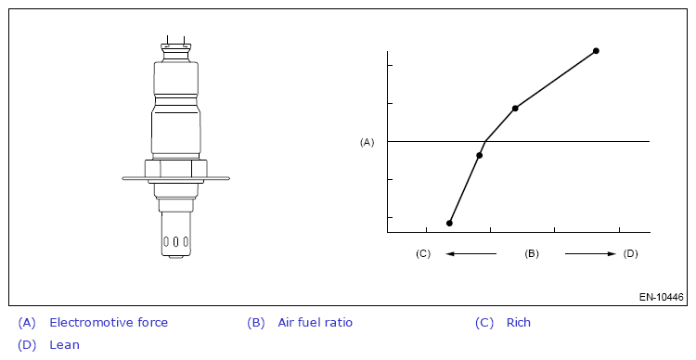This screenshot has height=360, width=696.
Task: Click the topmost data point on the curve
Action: tap(596, 51)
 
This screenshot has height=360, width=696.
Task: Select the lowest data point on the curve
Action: tap(449, 224)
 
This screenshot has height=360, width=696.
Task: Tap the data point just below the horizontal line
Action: tap(480, 155)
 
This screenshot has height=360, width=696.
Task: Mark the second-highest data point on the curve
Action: tap(515, 109)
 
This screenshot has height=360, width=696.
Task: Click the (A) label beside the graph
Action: tap(367, 142)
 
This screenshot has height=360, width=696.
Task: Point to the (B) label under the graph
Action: tap(532, 253)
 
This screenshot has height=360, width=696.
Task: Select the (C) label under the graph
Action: tap(423, 253)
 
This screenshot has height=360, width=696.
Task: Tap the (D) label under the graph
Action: tap(630, 253)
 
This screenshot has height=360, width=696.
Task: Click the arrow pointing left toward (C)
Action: tap(470, 254)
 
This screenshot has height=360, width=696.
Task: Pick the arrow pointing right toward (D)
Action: tap(590, 254)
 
